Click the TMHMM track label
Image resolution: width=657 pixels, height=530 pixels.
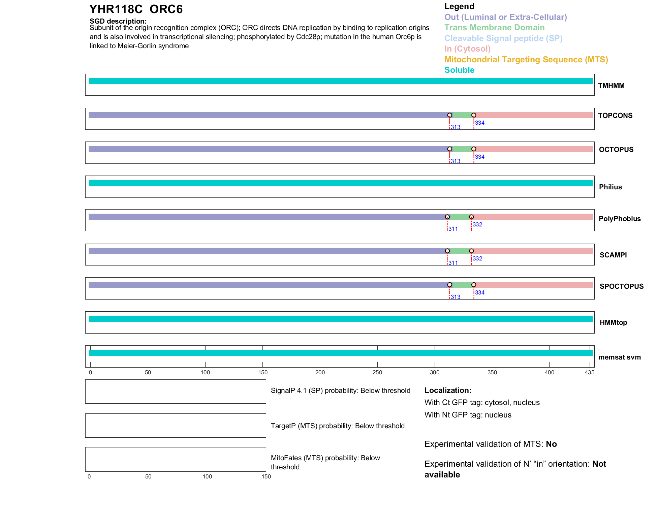point(611,86)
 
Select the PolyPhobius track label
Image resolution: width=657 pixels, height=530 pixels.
point(619,219)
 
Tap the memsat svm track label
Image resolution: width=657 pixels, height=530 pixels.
point(619,357)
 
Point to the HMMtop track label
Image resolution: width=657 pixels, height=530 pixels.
point(613,322)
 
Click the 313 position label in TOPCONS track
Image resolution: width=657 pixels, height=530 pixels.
point(456,127)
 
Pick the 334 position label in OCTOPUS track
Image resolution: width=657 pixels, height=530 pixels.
point(479,157)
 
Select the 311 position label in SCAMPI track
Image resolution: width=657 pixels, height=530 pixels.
point(453,263)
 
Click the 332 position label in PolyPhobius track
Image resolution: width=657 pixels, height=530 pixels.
point(477,224)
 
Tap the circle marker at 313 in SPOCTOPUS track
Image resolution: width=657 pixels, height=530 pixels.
point(449,285)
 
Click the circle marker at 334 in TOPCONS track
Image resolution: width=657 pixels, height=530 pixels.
point(474,115)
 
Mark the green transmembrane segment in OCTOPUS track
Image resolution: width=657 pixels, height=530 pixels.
point(462,149)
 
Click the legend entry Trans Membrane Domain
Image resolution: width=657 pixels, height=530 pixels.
point(494,28)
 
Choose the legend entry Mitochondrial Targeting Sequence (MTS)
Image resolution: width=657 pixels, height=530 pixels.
point(526,60)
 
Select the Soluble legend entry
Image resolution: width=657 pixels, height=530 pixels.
point(459,70)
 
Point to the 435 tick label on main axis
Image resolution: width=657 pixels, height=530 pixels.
point(589,372)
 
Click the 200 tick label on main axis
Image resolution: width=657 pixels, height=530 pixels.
point(320,372)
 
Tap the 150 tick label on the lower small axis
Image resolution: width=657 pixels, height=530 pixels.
point(266,476)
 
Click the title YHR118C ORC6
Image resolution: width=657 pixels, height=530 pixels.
point(136,9)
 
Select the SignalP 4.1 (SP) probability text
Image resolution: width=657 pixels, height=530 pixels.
point(340,391)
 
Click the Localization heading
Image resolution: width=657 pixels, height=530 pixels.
point(447,390)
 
